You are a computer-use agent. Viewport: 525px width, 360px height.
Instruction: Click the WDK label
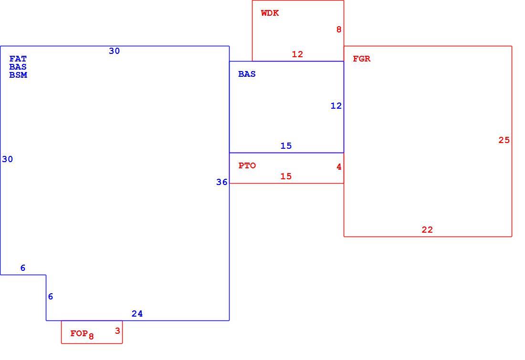pyautogui.click(x=270, y=13)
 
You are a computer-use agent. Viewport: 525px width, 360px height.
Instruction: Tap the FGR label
pyautogui.click(x=362, y=59)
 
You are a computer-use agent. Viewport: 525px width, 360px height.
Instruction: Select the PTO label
pyautogui.click(x=247, y=165)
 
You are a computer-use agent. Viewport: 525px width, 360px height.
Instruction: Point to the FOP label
pyautogui.click(x=79, y=333)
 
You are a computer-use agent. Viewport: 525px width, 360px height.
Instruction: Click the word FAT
pyautogui.click(x=18, y=59)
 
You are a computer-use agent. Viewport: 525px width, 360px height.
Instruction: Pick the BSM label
pyautogui.click(x=18, y=75)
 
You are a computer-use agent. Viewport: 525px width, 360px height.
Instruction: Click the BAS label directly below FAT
pyautogui.click(x=18, y=67)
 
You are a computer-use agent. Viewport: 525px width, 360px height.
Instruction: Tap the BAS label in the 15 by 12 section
pyautogui.click(x=247, y=74)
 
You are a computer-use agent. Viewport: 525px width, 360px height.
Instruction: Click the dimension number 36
pyautogui.click(x=221, y=182)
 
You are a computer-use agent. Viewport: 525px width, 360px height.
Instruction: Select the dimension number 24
pyautogui.click(x=137, y=313)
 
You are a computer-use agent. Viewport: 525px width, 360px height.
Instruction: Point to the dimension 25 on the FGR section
pyautogui.click(x=504, y=140)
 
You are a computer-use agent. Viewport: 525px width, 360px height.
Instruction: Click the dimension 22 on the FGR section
pyautogui.click(x=427, y=229)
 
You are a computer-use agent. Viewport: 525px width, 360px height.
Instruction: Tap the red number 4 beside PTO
pyautogui.click(x=339, y=166)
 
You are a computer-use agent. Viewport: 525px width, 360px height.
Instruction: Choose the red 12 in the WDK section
pyautogui.click(x=297, y=54)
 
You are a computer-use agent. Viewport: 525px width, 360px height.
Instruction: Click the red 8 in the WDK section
pyautogui.click(x=339, y=30)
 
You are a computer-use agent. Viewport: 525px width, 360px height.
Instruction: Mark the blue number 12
pyautogui.click(x=336, y=106)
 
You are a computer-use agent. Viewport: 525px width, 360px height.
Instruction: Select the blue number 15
pyautogui.click(x=286, y=145)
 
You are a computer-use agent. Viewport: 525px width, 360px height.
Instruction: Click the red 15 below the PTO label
pyautogui.click(x=286, y=176)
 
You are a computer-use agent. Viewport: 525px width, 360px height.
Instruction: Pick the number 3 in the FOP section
pyautogui.click(x=117, y=331)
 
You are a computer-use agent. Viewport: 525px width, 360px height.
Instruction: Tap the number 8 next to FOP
pyautogui.click(x=91, y=336)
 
